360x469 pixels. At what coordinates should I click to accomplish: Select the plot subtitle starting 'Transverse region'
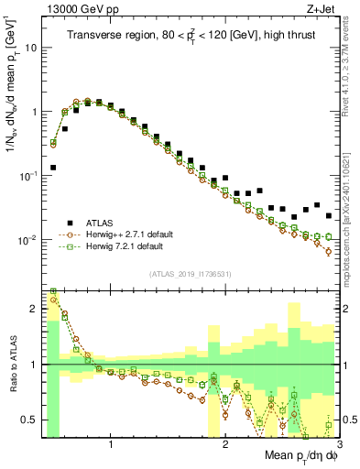(191, 36)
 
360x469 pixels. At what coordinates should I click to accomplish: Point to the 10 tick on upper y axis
(31, 47)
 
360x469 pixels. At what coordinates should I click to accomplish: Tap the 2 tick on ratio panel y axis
(35, 309)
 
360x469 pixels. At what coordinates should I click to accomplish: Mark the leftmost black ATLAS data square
(54, 168)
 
